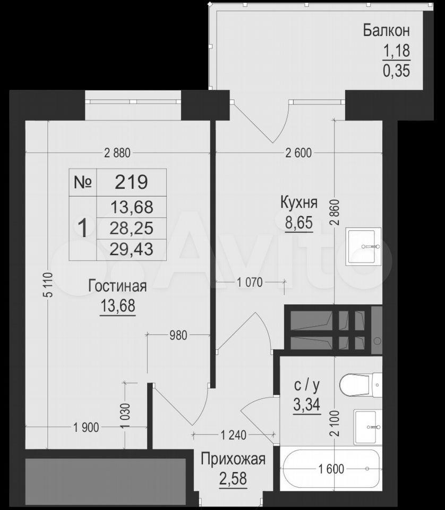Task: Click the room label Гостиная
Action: point(117,286)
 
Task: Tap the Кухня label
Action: point(299,202)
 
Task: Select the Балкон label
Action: point(386,31)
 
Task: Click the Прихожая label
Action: point(233,459)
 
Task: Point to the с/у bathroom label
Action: point(307,385)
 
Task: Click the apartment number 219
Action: point(131,182)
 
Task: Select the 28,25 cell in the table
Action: point(131,228)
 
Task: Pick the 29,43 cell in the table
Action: point(131,249)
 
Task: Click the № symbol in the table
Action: point(83,182)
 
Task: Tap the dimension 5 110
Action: point(48,285)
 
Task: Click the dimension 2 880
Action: point(117,153)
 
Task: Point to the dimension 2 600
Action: point(298,153)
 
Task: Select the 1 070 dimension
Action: point(250,282)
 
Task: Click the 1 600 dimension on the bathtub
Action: point(331,469)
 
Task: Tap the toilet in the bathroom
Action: point(361,385)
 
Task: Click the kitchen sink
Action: point(364,246)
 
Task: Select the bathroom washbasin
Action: point(368,427)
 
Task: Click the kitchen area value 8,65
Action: point(299,223)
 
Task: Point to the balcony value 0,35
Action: point(396,71)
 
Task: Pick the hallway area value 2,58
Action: point(233,479)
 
